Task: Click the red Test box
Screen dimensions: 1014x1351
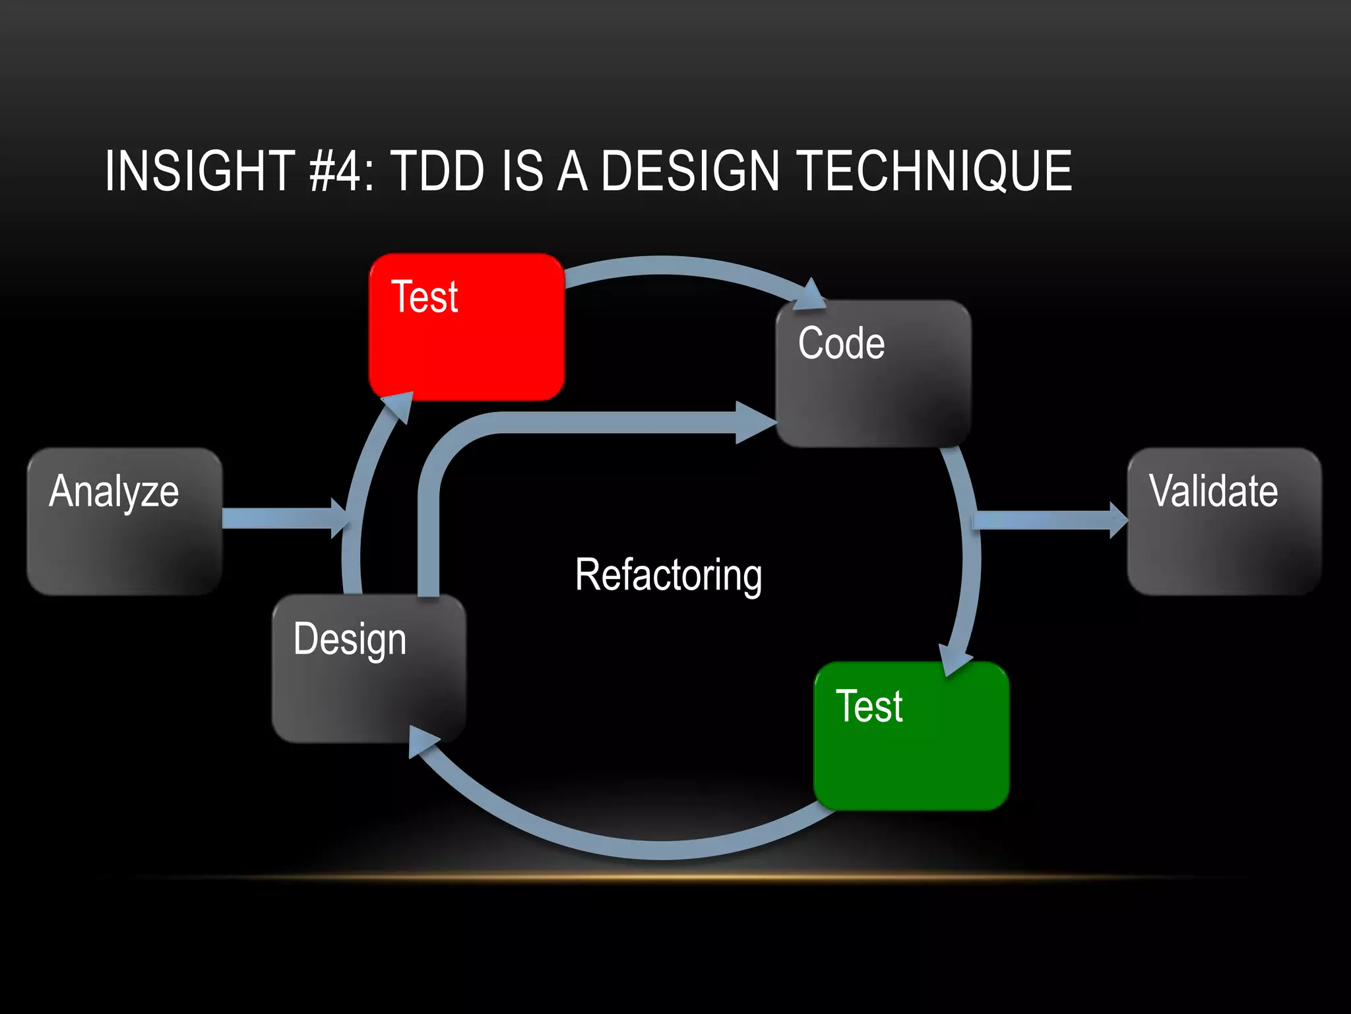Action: click(x=466, y=327)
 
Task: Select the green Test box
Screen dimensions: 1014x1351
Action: click(x=911, y=736)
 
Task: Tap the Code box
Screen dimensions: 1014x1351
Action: click(x=873, y=374)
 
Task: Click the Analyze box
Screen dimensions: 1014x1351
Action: click(x=124, y=522)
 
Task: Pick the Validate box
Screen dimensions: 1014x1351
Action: click(x=1224, y=522)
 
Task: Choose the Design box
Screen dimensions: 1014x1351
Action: click(x=369, y=668)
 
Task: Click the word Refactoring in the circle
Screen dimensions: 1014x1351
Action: click(x=668, y=575)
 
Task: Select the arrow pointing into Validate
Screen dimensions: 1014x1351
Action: click(x=1049, y=520)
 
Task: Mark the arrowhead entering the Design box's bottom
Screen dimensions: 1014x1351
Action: click(x=422, y=742)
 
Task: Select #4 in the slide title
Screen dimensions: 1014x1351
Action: click(x=336, y=171)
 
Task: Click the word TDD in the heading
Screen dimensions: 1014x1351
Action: click(x=438, y=171)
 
